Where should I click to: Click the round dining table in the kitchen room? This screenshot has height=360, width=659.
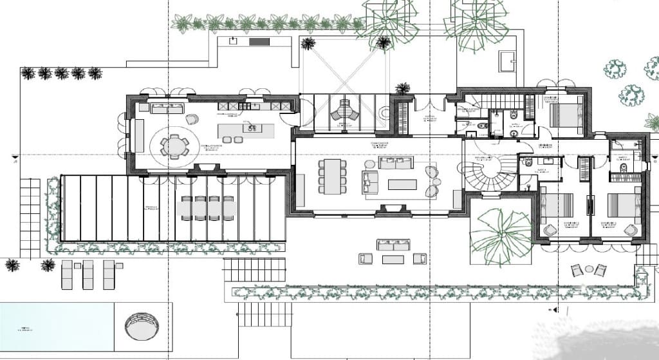click(x=174, y=146)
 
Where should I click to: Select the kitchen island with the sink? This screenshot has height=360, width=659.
click(x=247, y=130)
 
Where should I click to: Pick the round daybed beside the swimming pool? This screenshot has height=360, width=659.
click(x=140, y=327)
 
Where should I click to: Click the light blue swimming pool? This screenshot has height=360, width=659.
click(x=57, y=326)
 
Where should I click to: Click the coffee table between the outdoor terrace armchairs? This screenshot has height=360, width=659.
click(x=393, y=260)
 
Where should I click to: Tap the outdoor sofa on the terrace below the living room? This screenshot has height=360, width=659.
click(x=393, y=245)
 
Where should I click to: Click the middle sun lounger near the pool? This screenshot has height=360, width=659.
click(x=88, y=274)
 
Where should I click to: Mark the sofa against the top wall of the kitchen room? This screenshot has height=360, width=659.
click(x=167, y=108)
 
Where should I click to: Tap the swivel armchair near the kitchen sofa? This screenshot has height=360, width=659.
click(x=192, y=119)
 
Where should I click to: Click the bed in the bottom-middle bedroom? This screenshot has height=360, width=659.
click(x=560, y=206)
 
